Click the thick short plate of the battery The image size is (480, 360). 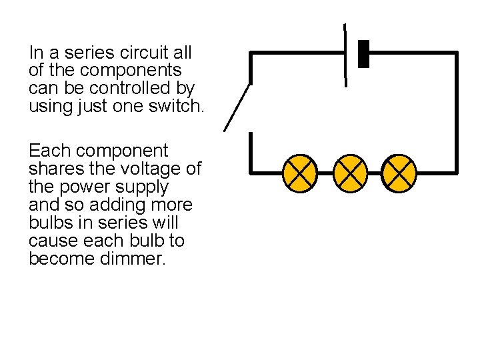coord(363,54)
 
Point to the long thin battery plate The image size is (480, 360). coord(345,55)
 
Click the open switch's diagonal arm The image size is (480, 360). coord(238,107)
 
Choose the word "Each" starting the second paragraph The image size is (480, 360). coord(48,151)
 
